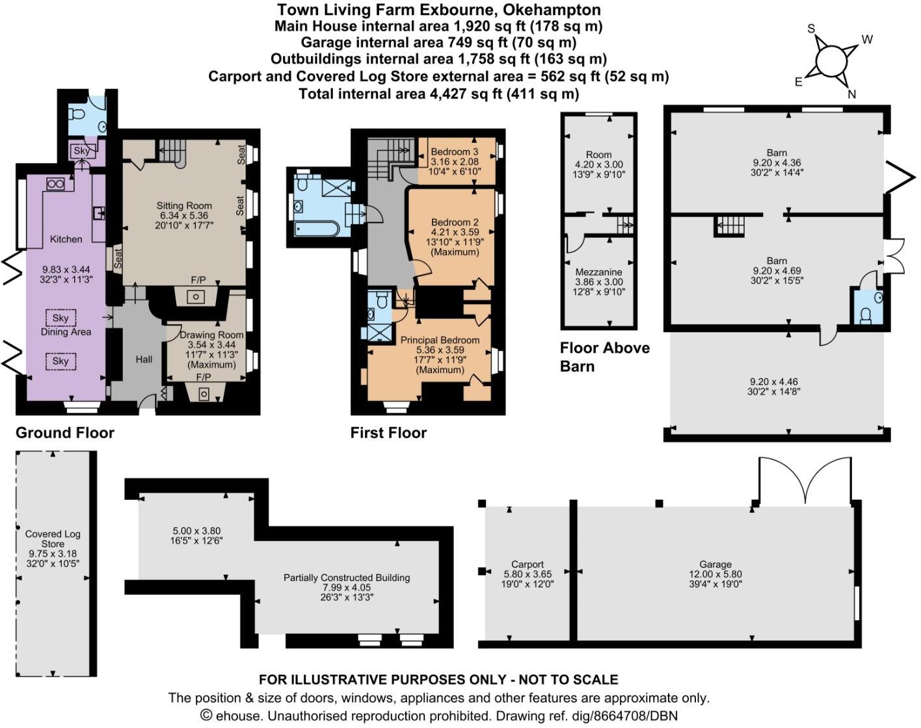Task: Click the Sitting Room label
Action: click(184, 205)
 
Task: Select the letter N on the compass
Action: click(851, 94)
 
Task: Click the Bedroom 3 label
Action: click(455, 151)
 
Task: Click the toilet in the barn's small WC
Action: click(866, 315)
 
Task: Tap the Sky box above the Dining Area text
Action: click(60, 318)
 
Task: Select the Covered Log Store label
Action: click(53, 539)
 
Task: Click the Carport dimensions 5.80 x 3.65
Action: click(527, 575)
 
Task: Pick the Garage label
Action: click(715, 564)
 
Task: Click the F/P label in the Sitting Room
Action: click(198, 279)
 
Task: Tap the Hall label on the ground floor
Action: click(144, 359)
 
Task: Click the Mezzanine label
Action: click(598, 272)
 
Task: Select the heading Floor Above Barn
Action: click(604, 357)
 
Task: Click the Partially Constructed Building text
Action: click(347, 577)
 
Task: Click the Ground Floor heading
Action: click(65, 433)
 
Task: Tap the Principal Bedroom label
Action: click(440, 340)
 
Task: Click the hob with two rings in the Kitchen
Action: click(54, 184)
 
